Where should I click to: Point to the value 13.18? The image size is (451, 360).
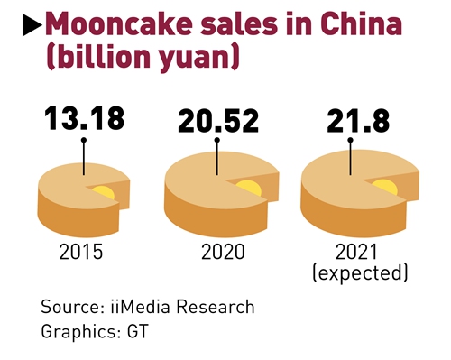click(x=83, y=118)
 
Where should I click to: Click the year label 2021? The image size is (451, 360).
click(x=359, y=252)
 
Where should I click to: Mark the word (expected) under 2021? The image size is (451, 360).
click(x=359, y=272)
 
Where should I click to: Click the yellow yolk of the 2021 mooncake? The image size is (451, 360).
click(x=385, y=186)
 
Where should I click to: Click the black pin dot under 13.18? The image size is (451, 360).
click(x=84, y=141)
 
